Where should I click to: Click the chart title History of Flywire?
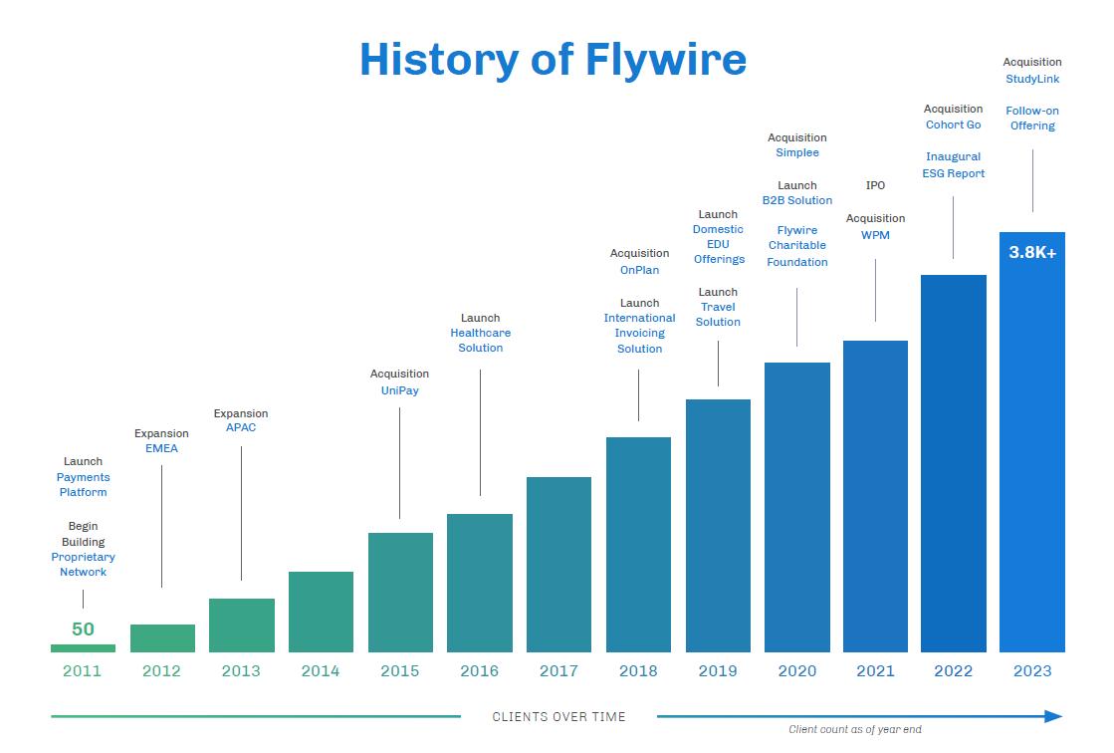click(553, 59)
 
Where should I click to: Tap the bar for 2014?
click(321, 612)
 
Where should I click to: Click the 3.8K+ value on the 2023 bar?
click(1032, 253)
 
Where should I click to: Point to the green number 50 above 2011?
click(83, 629)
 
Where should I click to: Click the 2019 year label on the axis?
click(718, 671)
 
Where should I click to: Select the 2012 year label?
click(161, 671)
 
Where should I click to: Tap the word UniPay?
click(399, 390)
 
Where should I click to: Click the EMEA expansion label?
click(161, 449)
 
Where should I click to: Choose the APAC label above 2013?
click(241, 428)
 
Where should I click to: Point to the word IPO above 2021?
click(875, 186)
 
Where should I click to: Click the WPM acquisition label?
click(875, 235)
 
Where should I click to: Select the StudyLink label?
click(1032, 79)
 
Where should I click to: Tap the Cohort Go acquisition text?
click(953, 125)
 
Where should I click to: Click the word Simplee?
click(797, 153)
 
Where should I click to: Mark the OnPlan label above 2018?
click(639, 270)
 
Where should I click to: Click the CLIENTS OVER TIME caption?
click(558, 717)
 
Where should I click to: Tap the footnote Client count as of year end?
click(854, 730)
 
